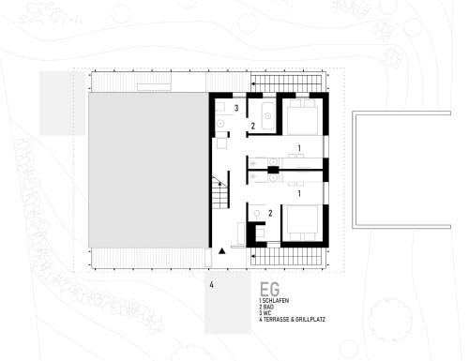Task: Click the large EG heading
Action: click(270, 290)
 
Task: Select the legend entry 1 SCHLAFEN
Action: click(274, 301)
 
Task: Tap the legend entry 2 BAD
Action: click(266, 307)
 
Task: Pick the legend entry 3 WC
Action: click(265, 313)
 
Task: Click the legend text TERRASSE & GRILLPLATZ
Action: click(295, 320)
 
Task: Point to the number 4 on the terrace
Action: click(212, 285)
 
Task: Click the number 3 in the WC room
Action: click(236, 108)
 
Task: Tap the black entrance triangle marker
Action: click(221, 250)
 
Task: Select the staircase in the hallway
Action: click(220, 192)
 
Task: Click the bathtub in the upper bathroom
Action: click(268, 116)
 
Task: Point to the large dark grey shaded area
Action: click(148, 171)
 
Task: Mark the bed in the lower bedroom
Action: click(302, 223)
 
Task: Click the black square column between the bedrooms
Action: click(273, 170)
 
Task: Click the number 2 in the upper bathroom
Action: click(253, 126)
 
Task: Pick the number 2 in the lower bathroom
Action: click(270, 213)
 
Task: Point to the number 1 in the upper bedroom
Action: click(299, 148)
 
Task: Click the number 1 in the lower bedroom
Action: click(299, 194)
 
